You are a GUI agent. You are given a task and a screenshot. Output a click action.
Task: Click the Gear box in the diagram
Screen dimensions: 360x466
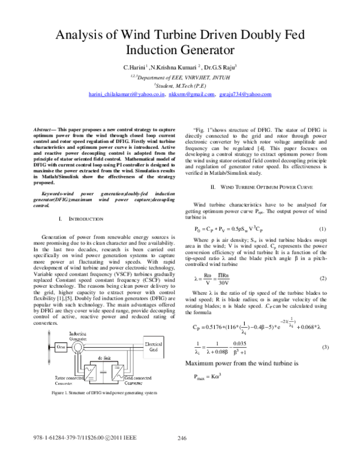coord(61,346)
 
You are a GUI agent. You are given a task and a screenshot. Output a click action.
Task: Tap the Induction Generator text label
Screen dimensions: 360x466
coord(82,334)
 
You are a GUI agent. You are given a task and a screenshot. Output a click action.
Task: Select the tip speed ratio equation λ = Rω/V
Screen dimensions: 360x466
coord(212,278)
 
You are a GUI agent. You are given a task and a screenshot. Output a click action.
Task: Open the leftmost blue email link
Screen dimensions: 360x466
coord(126,94)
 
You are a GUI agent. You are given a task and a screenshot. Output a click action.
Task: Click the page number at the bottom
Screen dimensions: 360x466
coord(182,438)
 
